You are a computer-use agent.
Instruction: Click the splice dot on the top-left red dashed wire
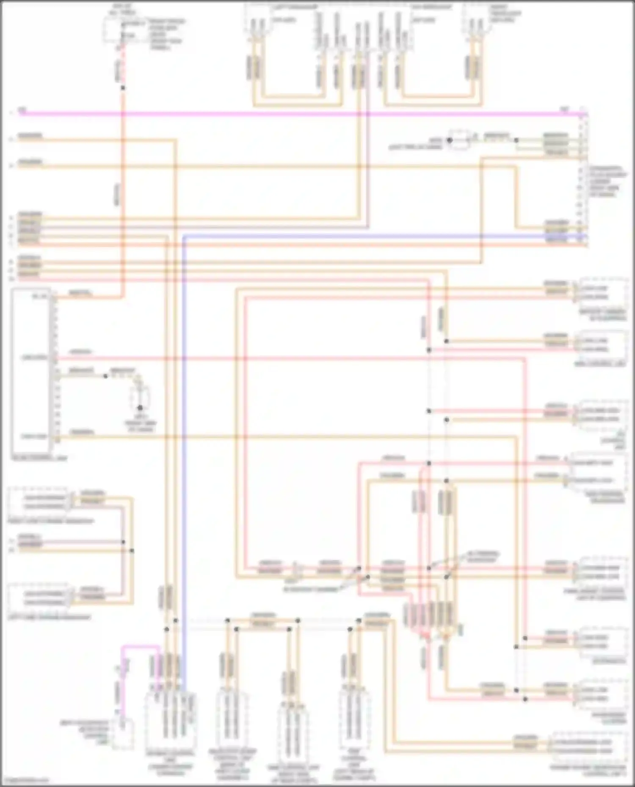pos(123,88)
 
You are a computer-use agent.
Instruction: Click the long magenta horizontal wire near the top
pos(296,113)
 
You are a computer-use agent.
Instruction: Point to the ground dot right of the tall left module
pos(140,408)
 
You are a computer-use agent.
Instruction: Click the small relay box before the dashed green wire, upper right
pos(459,140)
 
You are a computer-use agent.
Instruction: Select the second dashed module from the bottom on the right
pos(603,694)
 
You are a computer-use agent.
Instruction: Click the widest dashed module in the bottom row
pos(170,719)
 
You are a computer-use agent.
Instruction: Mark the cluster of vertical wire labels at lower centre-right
pos(432,615)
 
